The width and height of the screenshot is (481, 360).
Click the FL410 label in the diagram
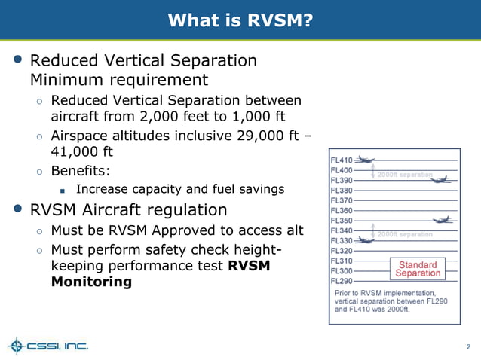(x=342, y=160)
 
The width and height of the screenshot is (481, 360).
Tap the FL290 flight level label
(x=342, y=281)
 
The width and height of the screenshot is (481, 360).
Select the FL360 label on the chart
(x=342, y=211)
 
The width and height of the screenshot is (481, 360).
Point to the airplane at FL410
(x=365, y=160)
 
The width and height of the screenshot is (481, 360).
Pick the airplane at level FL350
(x=443, y=220)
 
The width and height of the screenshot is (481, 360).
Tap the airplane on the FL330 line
(x=365, y=240)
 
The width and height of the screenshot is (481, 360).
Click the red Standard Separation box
(x=417, y=269)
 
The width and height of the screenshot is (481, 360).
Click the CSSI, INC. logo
(x=48, y=346)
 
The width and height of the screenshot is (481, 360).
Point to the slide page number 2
(x=468, y=347)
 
